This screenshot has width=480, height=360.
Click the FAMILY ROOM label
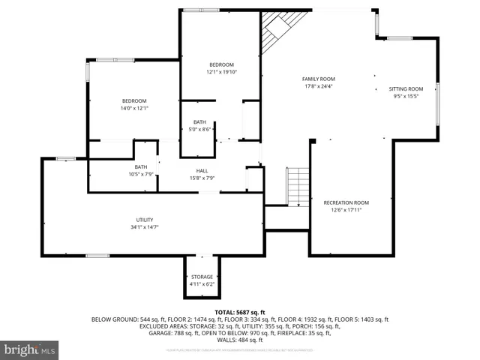point(319,79)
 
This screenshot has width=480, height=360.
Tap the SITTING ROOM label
point(406,88)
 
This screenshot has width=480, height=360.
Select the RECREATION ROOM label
point(346,202)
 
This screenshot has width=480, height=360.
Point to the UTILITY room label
point(145,219)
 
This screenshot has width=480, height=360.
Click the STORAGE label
point(202,277)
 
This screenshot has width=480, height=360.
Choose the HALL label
point(202,170)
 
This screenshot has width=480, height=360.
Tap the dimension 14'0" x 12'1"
point(135,108)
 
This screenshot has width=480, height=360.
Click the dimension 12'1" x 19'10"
point(221,72)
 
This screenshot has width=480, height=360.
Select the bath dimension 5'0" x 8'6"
point(199,129)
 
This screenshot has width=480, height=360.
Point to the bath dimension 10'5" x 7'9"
point(140,174)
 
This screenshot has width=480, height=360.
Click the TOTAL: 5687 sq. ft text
point(240,311)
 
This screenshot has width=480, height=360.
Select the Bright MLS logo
point(30,349)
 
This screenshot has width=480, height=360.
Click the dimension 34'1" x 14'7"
point(145,226)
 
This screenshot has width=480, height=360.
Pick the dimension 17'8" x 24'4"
point(319,86)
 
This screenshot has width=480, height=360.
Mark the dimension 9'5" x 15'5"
point(406,96)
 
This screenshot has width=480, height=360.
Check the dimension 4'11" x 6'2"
point(202,284)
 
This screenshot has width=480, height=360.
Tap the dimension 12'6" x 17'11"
point(346,210)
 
